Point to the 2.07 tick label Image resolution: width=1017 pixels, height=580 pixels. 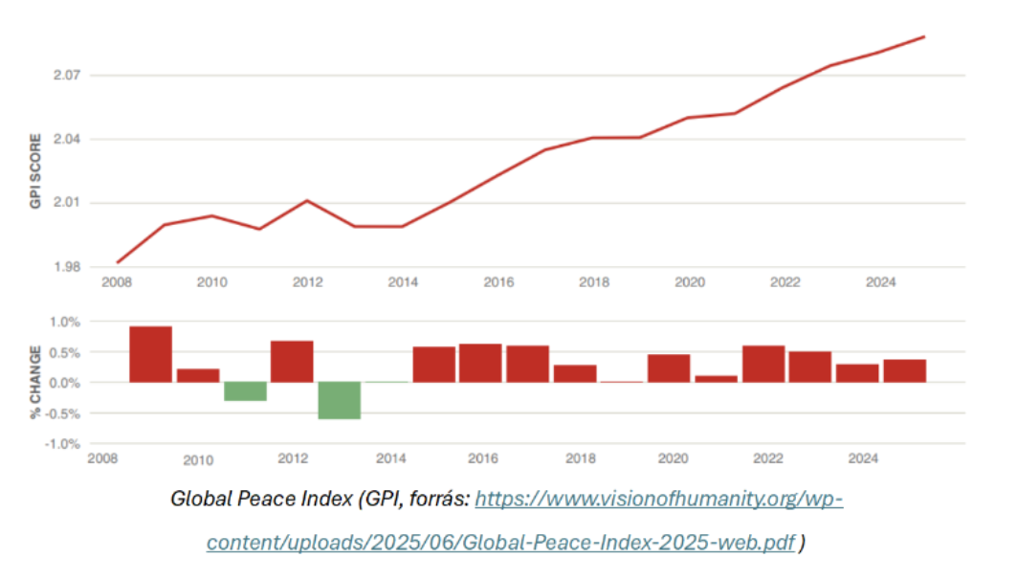pyautogui.click(x=72, y=76)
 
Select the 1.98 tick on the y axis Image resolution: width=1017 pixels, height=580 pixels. pyautogui.click(x=72, y=267)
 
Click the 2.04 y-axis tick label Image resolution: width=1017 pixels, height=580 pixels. pyautogui.click(x=72, y=140)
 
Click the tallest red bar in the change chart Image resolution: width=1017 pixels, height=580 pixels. pyautogui.click(x=151, y=354)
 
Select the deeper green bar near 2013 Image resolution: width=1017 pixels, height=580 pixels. pyautogui.click(x=340, y=400)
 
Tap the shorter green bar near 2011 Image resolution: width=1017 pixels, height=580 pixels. pyautogui.click(x=245, y=391)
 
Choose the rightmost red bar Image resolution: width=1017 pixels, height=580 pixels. pyautogui.click(x=904, y=370)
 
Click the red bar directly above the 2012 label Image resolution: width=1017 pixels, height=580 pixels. pyautogui.click(x=292, y=361)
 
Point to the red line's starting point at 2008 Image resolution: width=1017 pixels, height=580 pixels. pyautogui.click(x=118, y=262)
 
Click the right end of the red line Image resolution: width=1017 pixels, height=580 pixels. pyautogui.click(x=924, y=37)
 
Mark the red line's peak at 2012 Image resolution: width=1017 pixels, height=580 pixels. pyautogui.click(x=306, y=200)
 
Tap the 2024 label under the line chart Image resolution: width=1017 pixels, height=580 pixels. pyautogui.click(x=880, y=282)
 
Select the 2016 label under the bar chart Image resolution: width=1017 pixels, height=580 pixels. pyautogui.click(x=483, y=459)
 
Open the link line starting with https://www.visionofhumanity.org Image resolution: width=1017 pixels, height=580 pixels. pyautogui.click(x=658, y=500)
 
